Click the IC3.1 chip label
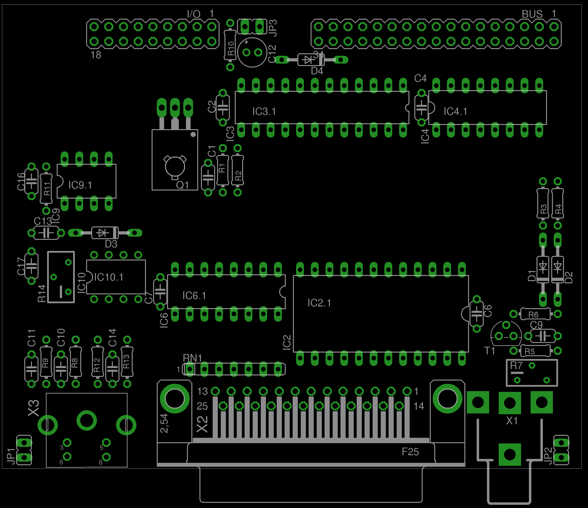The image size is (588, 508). (264, 111)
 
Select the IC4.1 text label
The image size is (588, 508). (455, 111)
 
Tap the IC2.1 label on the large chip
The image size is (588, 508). (319, 303)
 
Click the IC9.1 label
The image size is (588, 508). (80, 185)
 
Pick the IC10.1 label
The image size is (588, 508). (108, 277)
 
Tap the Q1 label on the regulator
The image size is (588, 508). (183, 185)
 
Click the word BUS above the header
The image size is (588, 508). (532, 14)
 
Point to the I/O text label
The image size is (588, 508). (194, 14)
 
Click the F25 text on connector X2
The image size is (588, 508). (410, 452)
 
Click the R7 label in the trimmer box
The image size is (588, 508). (516, 365)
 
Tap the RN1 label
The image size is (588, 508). (192, 358)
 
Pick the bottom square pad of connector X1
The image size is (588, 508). (510, 454)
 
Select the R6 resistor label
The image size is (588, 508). (533, 315)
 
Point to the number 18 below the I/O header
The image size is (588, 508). (96, 55)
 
